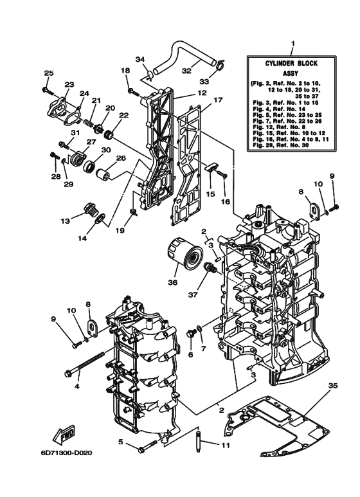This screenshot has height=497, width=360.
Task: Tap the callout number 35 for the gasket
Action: coord(332,386)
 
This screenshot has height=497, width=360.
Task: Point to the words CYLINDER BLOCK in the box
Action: coord(292,64)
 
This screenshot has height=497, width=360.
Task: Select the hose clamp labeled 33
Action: coord(220,64)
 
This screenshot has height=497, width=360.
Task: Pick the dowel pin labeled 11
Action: coord(199,439)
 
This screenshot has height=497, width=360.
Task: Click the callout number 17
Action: coord(218,100)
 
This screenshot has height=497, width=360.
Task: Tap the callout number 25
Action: coord(48,73)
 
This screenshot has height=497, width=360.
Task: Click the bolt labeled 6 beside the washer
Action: coord(190,334)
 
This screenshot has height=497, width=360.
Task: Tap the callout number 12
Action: coord(202,93)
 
